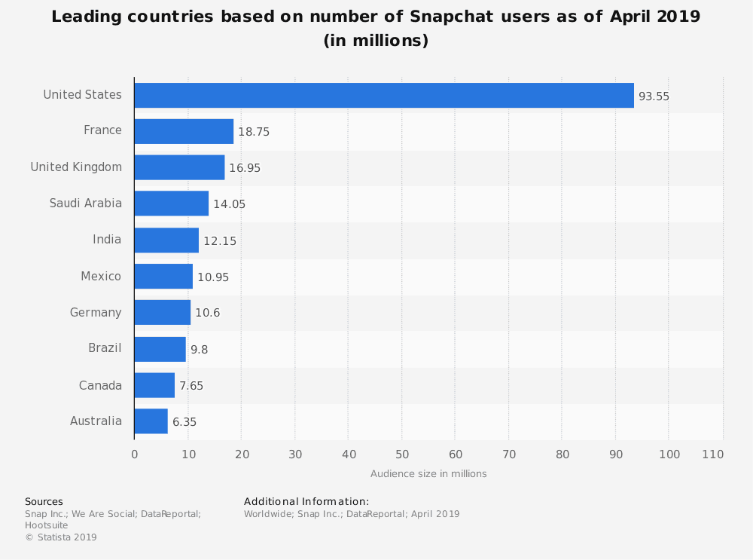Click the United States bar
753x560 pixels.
coord(384,95)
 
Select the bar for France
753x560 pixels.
coord(184,131)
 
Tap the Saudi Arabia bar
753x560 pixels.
coord(171,203)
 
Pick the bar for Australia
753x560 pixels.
coord(151,421)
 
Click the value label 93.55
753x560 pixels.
coord(654,96)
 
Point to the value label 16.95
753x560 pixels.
coord(245,168)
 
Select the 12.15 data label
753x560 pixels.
coord(219,241)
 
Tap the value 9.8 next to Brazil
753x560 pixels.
coord(199,350)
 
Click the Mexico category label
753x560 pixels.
coord(101,277)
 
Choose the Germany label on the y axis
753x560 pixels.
coord(96,313)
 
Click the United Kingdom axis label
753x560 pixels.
coord(76,167)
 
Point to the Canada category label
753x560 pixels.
coord(100,386)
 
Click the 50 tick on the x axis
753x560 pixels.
coord(401,454)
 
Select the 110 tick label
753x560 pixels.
coord(712,454)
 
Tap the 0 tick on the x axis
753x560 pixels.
coord(134,454)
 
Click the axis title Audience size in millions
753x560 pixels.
coord(428,474)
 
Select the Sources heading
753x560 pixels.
coord(44,502)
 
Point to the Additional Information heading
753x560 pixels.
coord(306,502)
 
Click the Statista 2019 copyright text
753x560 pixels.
coord(61,537)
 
